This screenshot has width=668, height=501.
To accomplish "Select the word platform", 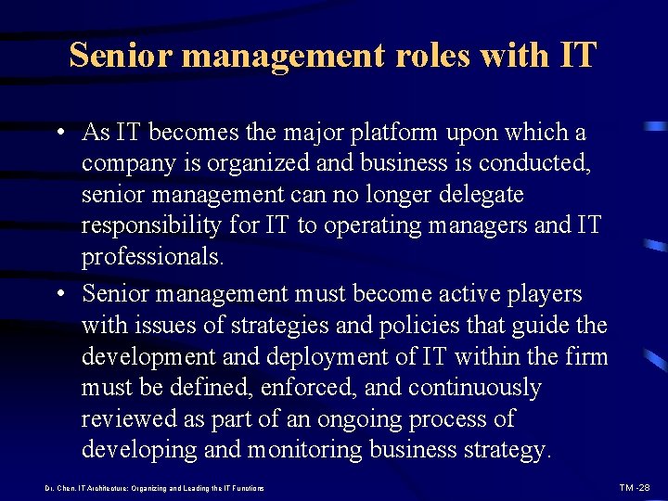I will tap(393, 133).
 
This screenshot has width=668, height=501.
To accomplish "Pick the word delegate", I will tap(477, 195).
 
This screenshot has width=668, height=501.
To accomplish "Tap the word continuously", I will tap(474, 387).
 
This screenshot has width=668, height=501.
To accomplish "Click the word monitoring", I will tap(302, 450).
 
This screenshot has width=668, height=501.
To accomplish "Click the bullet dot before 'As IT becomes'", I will tap(58, 134).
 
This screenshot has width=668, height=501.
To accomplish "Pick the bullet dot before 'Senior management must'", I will tap(58, 295).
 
